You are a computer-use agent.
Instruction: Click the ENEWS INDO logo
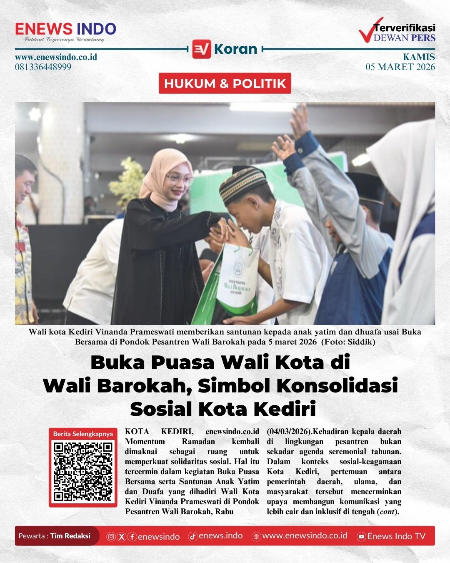(65, 29)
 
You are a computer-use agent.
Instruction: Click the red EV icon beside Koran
(202, 49)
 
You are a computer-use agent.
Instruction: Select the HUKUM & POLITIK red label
(225, 83)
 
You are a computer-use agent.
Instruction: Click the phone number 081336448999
(43, 67)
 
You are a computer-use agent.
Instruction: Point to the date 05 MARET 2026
(400, 67)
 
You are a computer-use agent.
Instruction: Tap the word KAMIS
(419, 57)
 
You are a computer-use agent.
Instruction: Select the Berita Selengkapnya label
(83, 434)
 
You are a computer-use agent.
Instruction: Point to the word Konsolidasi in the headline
(337, 385)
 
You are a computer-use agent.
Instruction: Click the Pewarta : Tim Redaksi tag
(55, 536)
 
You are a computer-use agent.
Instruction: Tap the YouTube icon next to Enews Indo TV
(362, 537)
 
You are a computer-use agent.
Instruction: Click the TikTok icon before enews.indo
(192, 536)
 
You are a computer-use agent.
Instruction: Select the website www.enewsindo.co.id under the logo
(56, 57)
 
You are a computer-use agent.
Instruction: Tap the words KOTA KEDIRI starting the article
(159, 432)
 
